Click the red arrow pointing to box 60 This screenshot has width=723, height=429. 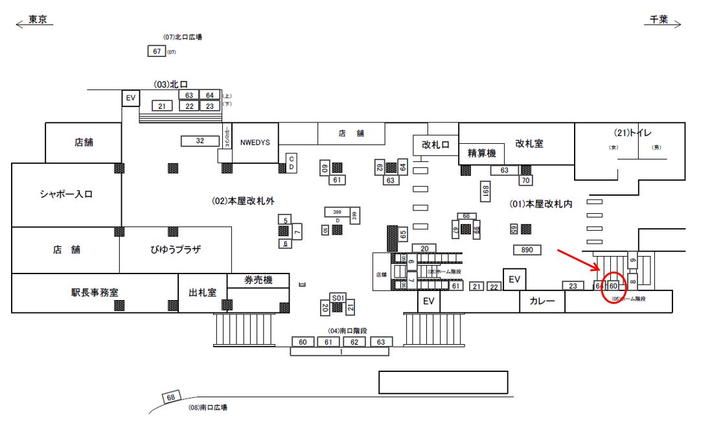coord(579,260)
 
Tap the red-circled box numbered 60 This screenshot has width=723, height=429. coord(613,286)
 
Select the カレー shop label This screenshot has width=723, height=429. coord(542,301)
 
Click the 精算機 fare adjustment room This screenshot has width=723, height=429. coord(481,154)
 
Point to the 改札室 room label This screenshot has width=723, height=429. coord(529,144)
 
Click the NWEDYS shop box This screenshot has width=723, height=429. coord(255,143)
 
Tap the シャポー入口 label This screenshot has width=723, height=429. coord(66,194)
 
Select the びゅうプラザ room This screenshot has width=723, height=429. coord(175,249)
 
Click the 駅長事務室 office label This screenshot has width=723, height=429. coord(95,293)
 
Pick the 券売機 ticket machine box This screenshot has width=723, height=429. coord(258,280)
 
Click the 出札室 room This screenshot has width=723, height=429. coord(202,293)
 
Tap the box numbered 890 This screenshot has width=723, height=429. coord(527,250)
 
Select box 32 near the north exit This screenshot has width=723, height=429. coord(200,141)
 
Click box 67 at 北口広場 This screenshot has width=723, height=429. coord(157,51)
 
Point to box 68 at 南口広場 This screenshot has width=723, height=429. coord(172,397)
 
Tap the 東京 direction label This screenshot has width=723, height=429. coord(40,20)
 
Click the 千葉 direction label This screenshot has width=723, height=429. coord(660,20)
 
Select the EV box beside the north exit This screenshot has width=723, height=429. coord(130,98)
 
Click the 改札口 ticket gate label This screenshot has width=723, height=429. coord(435,145)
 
